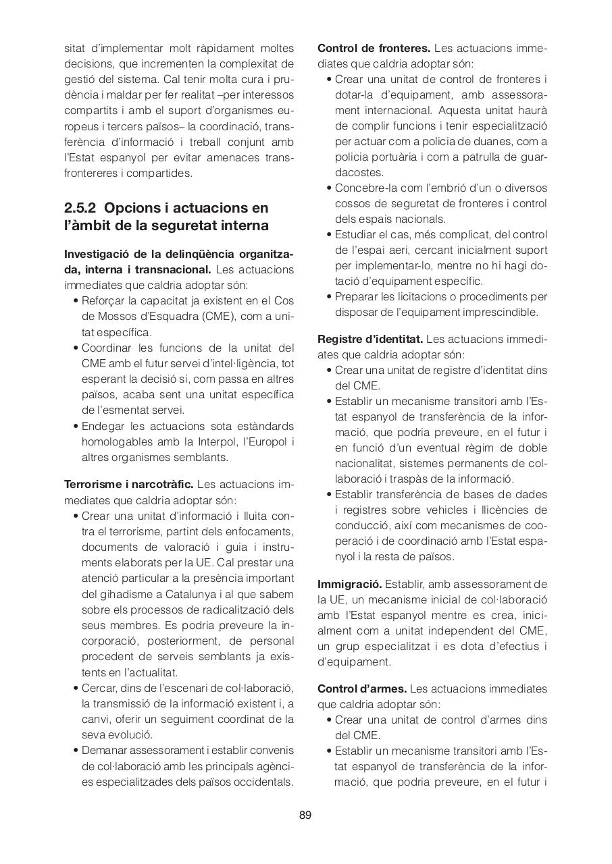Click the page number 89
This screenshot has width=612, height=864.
(x=305, y=815)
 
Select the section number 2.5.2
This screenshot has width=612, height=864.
(x=82, y=207)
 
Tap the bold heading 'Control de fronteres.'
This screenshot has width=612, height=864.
(x=374, y=49)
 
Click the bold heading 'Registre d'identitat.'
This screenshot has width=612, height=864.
(x=370, y=339)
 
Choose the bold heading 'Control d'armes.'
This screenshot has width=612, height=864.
(x=362, y=688)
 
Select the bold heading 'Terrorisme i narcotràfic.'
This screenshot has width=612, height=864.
(x=129, y=485)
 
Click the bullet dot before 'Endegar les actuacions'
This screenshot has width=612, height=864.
(x=76, y=427)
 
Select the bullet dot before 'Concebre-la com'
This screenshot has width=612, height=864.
(x=329, y=188)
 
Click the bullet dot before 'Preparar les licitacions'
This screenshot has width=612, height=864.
(x=329, y=297)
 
